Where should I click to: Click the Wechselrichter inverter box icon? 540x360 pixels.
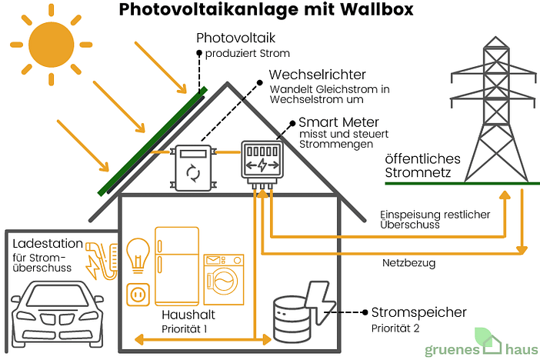(192, 164)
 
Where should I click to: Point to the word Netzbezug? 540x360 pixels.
(408, 263)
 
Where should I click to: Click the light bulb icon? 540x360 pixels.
(138, 254)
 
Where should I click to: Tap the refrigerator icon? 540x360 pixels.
(177, 265)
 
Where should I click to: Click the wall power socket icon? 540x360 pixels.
(138, 295)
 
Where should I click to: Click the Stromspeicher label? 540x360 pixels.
(418, 313)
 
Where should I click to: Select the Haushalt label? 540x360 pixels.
(188, 315)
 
